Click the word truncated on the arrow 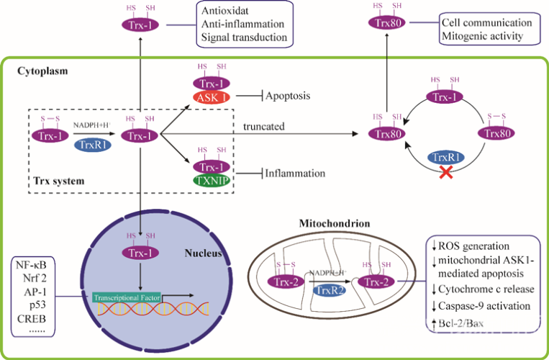(x=264, y=126)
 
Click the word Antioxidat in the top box (x=227, y=9)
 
